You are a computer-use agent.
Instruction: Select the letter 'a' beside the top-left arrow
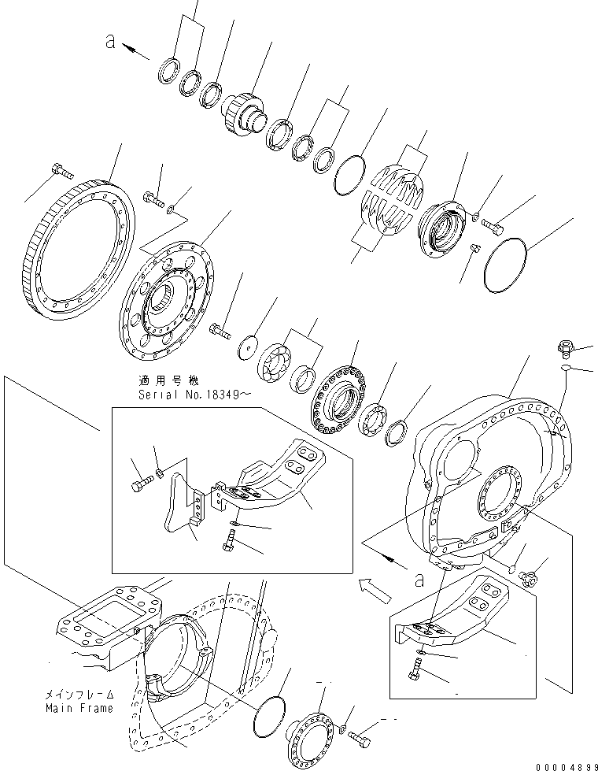(111, 43)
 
